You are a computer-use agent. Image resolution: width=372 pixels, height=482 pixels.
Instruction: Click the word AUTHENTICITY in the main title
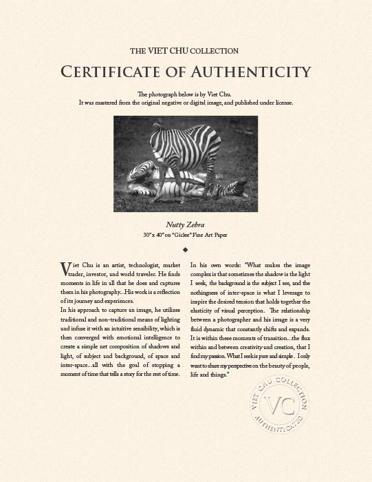coord(244,71)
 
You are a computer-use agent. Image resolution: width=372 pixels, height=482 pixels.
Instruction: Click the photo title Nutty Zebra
coord(186,224)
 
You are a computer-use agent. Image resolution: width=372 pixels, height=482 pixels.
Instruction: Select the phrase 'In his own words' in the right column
coord(213,265)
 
